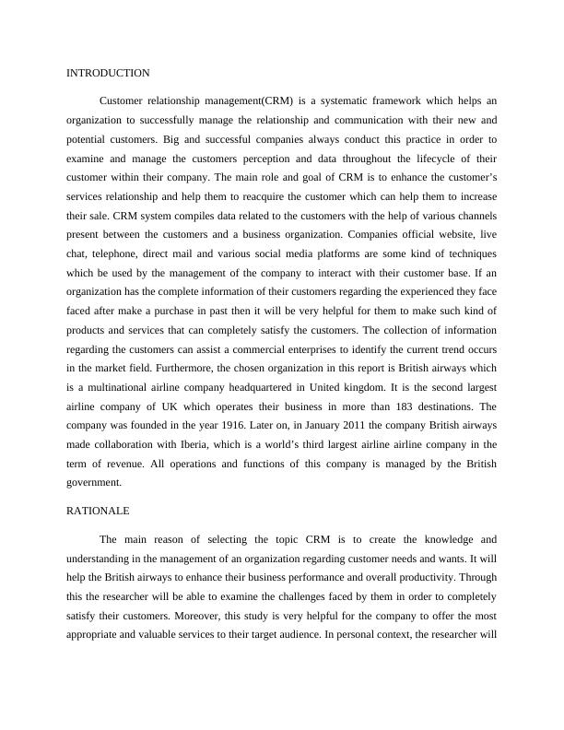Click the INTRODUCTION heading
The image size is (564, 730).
pyautogui.click(x=109, y=72)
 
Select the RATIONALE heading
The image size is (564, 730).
pyautogui.click(x=99, y=510)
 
